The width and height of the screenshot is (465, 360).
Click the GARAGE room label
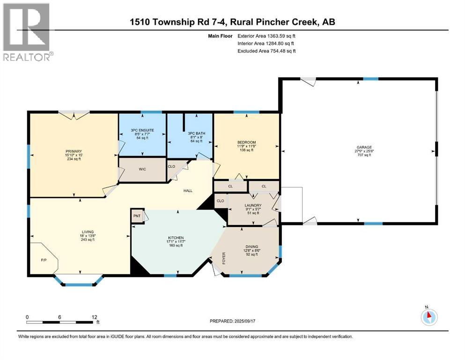click(364, 147)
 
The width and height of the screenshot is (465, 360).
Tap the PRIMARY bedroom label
click(74, 151)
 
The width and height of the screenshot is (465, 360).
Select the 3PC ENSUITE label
click(142, 130)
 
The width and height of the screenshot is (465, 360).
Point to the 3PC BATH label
click(196, 134)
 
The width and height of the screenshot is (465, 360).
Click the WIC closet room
click(142, 169)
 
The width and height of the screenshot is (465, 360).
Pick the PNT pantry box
click(137, 216)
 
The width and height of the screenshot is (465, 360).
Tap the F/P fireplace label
click(44, 260)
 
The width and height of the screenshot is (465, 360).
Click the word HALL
click(188, 191)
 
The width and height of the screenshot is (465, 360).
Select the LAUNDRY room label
click(253, 205)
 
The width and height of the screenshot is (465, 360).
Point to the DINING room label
click(252, 247)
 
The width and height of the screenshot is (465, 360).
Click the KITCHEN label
click(176, 238)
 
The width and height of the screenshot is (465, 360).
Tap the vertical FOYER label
click(224, 258)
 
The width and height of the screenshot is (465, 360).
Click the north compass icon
click(429, 317)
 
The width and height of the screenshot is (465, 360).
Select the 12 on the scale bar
click(94, 317)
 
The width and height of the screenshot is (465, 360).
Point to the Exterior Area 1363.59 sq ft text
click(266, 36)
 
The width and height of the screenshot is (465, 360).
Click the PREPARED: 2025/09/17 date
click(232, 321)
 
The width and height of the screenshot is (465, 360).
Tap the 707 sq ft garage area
click(364, 155)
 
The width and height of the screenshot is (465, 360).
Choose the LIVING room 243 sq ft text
click(88, 240)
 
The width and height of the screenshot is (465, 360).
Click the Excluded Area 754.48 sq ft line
click(266, 51)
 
